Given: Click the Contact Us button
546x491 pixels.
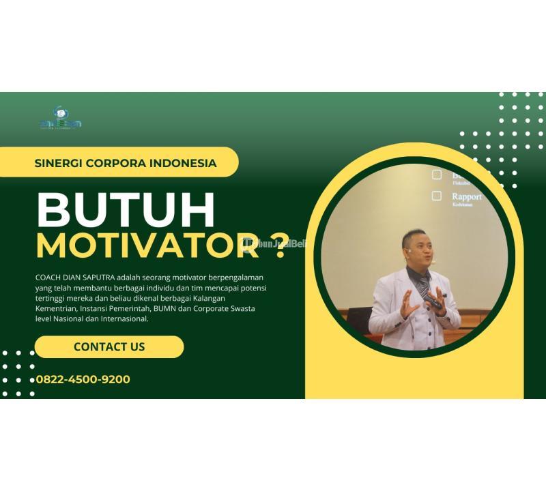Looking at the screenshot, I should point(109,346).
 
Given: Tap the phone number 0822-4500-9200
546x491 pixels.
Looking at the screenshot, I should point(83,380).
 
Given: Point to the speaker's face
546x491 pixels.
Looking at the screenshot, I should point(418,249).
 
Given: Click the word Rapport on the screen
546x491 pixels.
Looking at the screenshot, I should point(466,196).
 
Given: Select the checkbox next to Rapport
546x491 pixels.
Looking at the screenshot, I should point(437,196).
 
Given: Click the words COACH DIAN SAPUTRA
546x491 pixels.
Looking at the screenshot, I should point(75,278).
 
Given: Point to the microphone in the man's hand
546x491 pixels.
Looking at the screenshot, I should point(434,303).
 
